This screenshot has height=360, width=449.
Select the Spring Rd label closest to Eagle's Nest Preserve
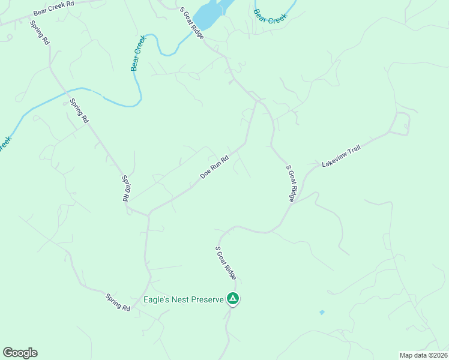click(x=118, y=302)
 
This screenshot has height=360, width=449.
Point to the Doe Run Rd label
click(x=214, y=167)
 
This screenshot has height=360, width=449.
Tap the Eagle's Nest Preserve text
click(x=182, y=299)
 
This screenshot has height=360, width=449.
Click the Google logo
click(x=20, y=353)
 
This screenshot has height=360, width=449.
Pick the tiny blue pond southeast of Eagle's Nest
click(x=322, y=313)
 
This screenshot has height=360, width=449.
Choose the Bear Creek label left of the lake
click(x=138, y=53)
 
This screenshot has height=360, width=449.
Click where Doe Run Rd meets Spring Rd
click(x=148, y=214)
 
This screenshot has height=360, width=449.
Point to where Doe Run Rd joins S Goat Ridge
click(x=257, y=102)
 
